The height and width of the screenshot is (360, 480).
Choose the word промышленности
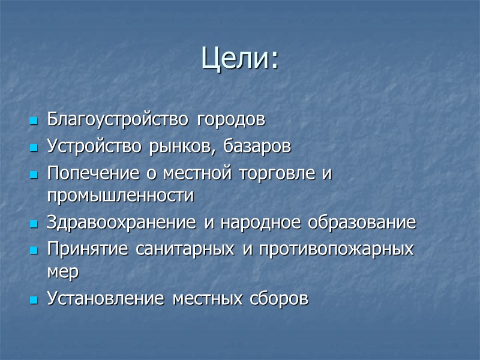pos(120,196)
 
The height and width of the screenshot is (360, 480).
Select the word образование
pos(362,223)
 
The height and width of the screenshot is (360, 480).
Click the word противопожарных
pos(336,250)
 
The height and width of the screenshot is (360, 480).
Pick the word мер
pos(62,272)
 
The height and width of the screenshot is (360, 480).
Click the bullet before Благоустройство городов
pos(34,121)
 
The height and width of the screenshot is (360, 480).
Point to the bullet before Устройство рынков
pos(34,148)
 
